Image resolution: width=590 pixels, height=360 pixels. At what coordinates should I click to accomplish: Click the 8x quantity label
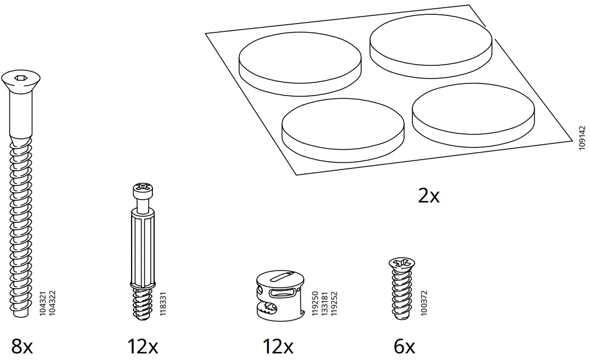(22, 347)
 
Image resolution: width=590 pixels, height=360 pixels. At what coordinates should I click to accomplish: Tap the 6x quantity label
(404, 347)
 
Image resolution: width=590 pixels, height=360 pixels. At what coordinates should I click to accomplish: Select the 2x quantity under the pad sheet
(428, 196)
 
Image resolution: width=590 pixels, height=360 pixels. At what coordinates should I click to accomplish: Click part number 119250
(314, 303)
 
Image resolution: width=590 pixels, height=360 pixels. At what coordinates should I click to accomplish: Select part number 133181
(324, 303)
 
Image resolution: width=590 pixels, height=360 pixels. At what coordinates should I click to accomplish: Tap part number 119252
(334, 303)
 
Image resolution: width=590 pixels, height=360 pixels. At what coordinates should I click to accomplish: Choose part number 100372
(424, 303)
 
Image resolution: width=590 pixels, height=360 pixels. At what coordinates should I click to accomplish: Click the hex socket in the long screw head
(19, 78)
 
